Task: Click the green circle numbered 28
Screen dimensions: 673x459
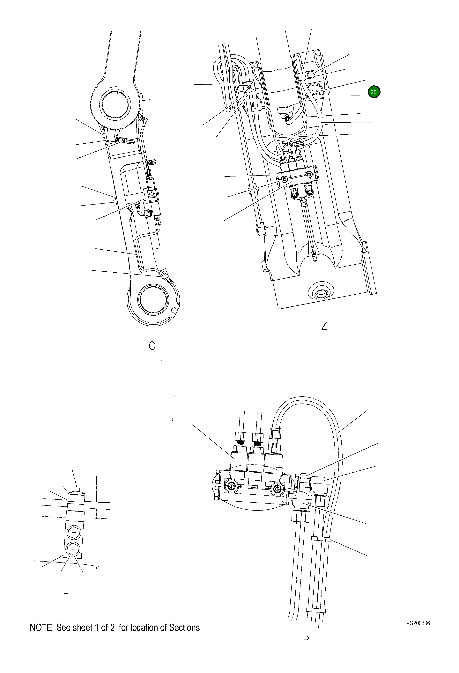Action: coord(374,92)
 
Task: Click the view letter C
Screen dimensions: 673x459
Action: coord(152,346)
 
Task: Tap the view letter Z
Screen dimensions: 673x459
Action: coord(324,326)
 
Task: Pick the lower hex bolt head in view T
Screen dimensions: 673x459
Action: coord(73,549)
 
